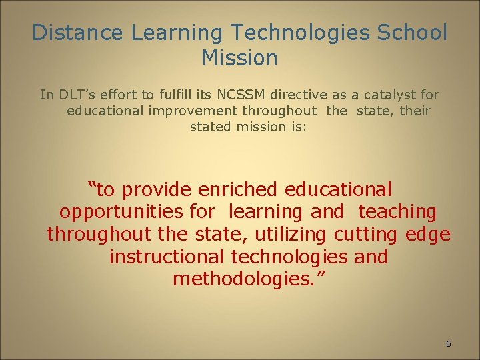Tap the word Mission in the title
239,59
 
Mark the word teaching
397,213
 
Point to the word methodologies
239,279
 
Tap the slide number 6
448,344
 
